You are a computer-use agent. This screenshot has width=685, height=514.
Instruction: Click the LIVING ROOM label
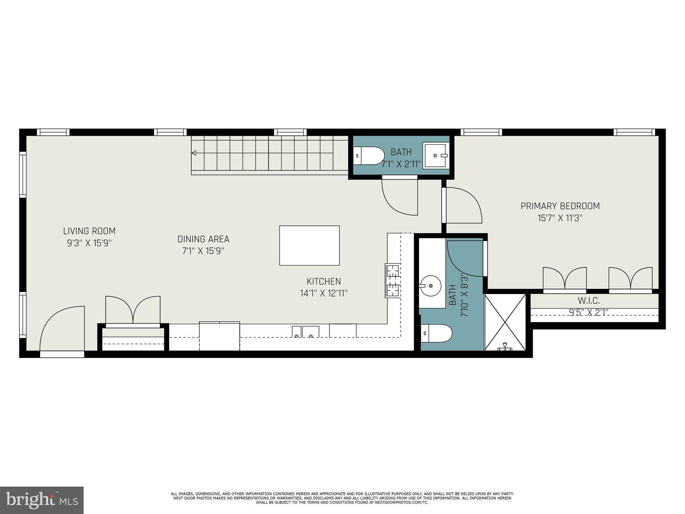point(89,231)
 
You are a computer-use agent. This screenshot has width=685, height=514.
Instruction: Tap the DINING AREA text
point(203,239)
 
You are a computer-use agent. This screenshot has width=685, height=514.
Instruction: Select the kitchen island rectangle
point(309,245)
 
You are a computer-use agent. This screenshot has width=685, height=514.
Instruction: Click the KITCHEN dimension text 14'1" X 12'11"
point(324,293)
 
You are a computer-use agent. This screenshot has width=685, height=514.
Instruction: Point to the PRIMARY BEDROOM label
point(560,206)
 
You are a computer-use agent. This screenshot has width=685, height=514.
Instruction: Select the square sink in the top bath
point(435,156)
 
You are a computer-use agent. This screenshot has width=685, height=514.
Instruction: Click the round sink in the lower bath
point(430,286)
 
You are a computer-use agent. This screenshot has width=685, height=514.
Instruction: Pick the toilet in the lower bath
point(436,333)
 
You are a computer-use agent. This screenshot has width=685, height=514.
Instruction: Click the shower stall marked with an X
point(505,322)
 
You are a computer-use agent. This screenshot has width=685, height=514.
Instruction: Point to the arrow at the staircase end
point(194,153)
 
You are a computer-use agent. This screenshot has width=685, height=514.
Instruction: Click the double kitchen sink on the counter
point(305,332)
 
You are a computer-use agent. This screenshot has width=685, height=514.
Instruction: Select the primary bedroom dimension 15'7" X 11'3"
point(560,218)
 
